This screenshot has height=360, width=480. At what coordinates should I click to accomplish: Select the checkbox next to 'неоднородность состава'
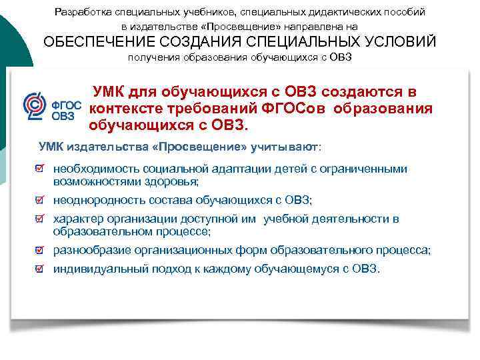click(x=41, y=200)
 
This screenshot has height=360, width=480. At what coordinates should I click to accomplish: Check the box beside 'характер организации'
click(x=41, y=219)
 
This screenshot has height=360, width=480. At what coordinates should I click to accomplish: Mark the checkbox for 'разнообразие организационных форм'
click(x=41, y=251)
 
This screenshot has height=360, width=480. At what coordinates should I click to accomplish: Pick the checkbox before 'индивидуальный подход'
click(x=41, y=269)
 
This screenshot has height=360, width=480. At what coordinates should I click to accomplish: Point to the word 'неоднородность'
click(x=89, y=200)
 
